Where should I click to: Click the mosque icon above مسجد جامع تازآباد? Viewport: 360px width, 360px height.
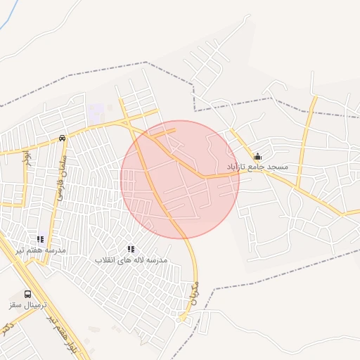[x=257, y=156]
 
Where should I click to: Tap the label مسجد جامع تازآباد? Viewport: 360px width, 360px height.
[x=257, y=167]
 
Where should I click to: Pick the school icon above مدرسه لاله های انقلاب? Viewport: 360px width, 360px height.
[x=131, y=249]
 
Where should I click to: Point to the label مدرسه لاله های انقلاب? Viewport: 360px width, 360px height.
[x=131, y=259]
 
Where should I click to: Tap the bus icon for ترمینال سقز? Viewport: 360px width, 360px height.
[x=27, y=294]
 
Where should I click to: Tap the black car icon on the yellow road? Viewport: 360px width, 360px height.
[x=63, y=138]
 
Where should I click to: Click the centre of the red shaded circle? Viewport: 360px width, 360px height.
[x=180, y=179]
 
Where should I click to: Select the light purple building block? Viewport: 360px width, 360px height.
[x=96, y=111]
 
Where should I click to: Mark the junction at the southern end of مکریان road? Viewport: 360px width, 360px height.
[x=184, y=319]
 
